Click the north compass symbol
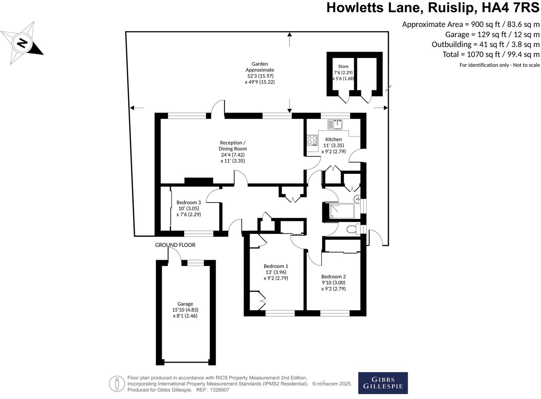tap(22, 43)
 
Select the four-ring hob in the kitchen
tap(312, 140)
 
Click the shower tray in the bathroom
tap(342, 212)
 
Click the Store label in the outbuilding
tap(343, 67)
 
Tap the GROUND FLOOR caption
tap(175, 245)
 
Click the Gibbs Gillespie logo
tap(383, 383)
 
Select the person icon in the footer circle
tap(117, 384)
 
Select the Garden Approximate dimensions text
tap(260, 73)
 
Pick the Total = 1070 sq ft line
tap(491, 55)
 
